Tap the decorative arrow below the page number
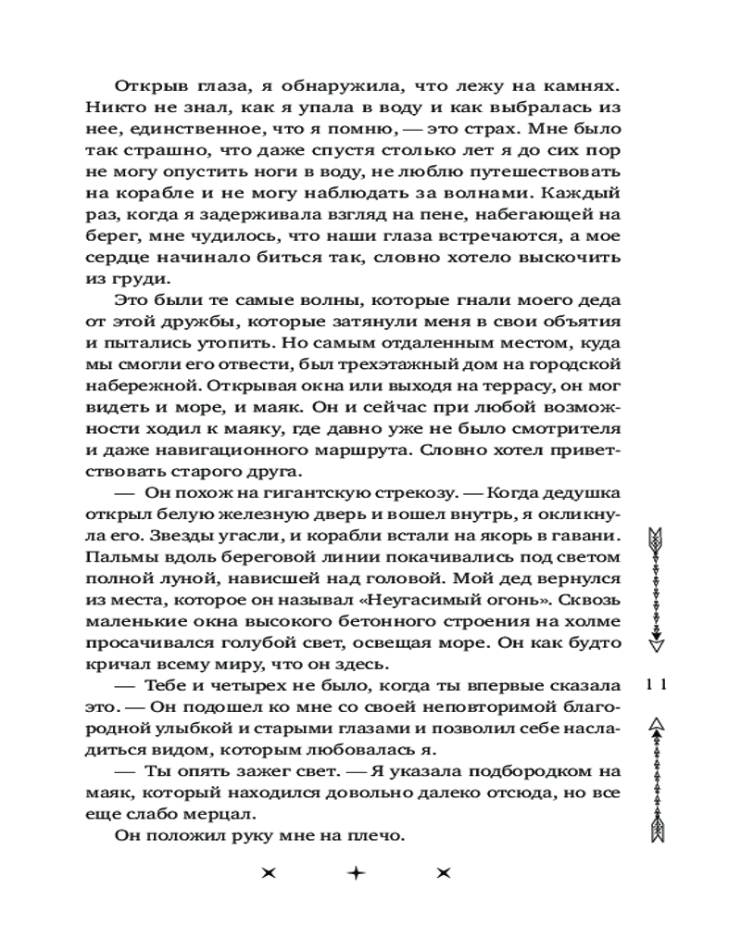(659, 783)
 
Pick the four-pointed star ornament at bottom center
(355, 873)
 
